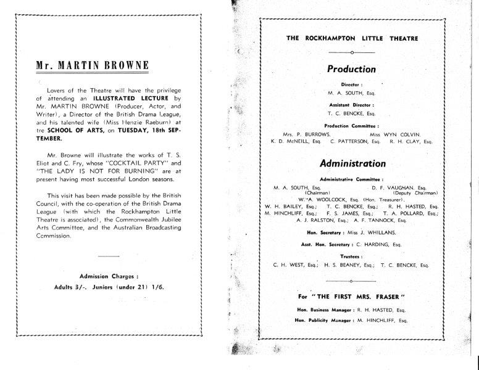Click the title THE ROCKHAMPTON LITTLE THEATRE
click(352, 38)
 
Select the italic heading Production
click(351, 69)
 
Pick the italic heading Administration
click(352, 163)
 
